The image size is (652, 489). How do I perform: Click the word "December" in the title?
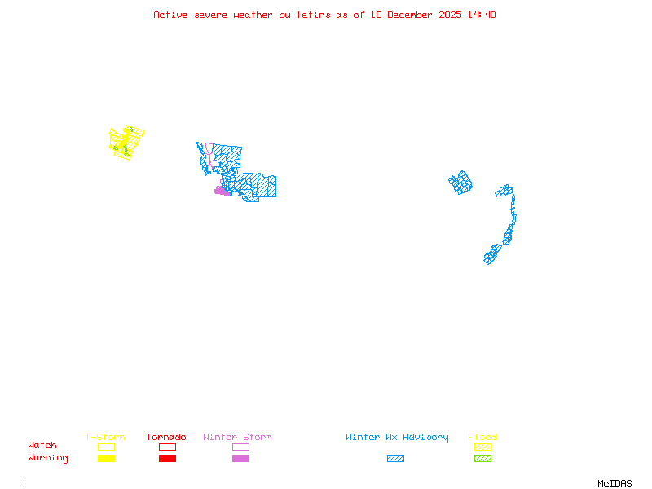(x=412, y=15)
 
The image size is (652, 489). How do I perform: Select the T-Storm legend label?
(x=105, y=438)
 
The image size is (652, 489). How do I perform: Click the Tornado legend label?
(x=166, y=438)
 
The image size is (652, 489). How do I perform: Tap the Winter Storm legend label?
(x=237, y=438)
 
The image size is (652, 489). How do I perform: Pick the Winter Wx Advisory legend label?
(x=397, y=438)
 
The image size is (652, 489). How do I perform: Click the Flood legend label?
(x=482, y=438)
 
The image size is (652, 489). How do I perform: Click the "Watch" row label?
(x=42, y=446)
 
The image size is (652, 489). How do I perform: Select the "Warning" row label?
(x=48, y=458)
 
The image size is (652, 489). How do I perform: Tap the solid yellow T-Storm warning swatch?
(x=106, y=458)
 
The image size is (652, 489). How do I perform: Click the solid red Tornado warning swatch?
(x=167, y=458)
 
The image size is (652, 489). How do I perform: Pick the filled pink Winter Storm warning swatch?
(x=240, y=458)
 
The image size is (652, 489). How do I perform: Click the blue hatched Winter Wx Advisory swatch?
(x=395, y=458)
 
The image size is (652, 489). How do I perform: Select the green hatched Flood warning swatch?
(x=482, y=458)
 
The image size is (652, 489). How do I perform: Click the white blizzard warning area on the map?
(x=517, y=220)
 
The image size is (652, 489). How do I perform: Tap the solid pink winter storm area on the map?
(x=222, y=192)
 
